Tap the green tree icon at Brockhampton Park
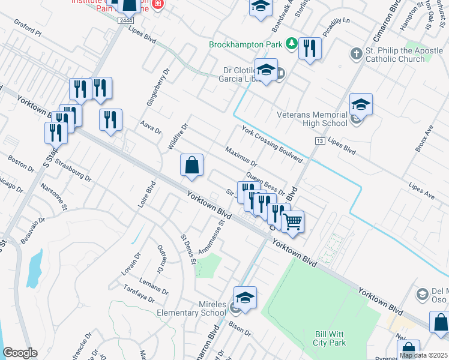click(x=291, y=43)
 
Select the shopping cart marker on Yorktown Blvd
click(x=292, y=221)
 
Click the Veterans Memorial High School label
click(x=312, y=119)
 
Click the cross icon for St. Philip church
click(x=356, y=54)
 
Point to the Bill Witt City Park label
click(x=331, y=338)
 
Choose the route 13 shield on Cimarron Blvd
click(x=321, y=140)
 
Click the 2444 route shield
click(x=125, y=20)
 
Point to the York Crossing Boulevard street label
click(x=271, y=144)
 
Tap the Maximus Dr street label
click(x=241, y=155)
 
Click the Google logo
click(x=20, y=353)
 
